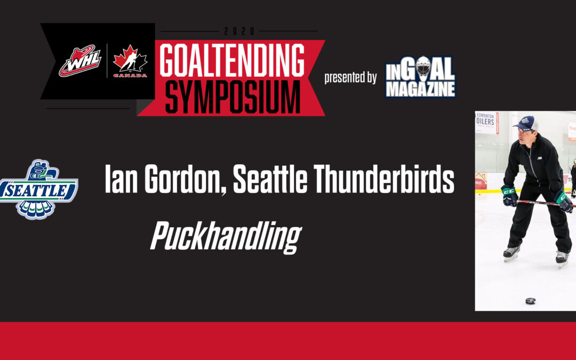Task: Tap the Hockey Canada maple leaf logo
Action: tap(127, 61)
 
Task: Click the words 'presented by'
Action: tap(350, 77)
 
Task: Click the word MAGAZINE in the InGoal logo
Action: tap(420, 89)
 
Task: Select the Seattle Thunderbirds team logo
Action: tap(38, 189)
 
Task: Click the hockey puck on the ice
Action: tap(531, 301)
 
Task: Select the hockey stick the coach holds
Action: tap(539, 203)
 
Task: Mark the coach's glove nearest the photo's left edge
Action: tap(509, 195)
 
